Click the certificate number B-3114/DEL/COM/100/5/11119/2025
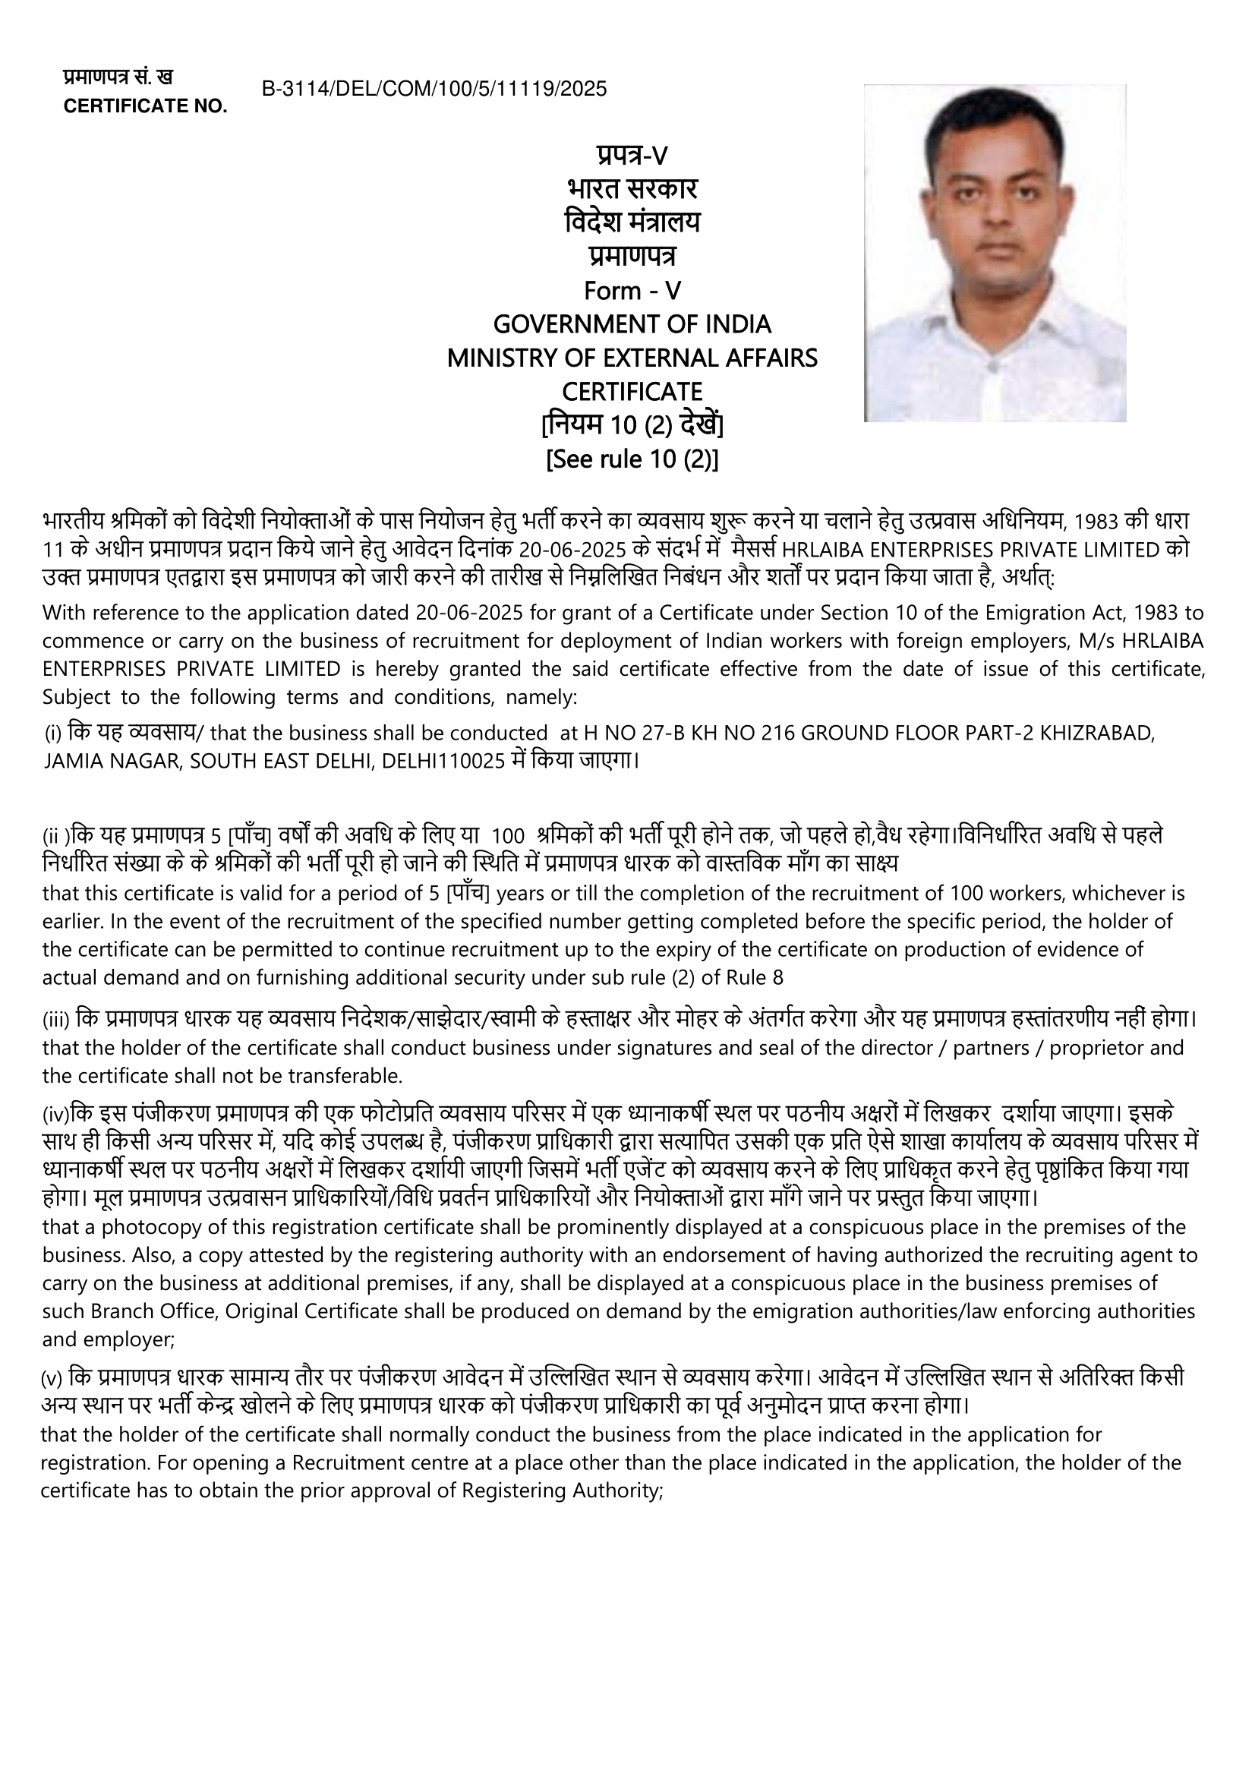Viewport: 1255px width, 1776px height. (x=434, y=89)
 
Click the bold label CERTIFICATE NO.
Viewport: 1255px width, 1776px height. (x=145, y=107)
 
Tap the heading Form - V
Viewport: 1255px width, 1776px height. (x=632, y=291)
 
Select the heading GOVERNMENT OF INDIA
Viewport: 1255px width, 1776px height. (x=632, y=324)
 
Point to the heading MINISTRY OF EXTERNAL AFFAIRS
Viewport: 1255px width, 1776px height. (x=632, y=358)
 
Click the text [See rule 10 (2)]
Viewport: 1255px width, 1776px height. (x=632, y=459)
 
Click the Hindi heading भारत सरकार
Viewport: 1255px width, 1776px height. (x=632, y=190)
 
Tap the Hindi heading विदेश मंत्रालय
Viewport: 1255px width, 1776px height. (x=632, y=223)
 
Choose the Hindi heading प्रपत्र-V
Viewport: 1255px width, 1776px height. (x=632, y=156)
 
